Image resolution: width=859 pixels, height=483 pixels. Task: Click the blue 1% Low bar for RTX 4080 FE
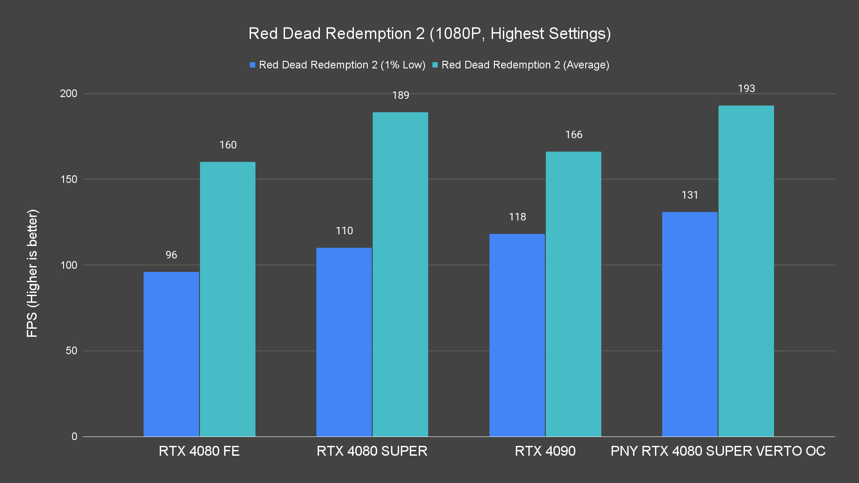tap(171, 354)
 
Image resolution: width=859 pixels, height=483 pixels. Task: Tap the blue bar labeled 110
tap(344, 342)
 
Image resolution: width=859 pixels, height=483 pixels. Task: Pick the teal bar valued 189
tap(400, 274)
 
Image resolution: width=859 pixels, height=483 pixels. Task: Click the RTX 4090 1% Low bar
tap(517, 335)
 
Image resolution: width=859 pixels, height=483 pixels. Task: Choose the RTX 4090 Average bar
tap(574, 294)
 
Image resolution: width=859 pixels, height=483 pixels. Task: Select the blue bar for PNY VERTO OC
tap(690, 324)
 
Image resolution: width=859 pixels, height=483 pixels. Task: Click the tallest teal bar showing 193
tap(746, 271)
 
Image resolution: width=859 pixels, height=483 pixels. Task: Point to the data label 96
tap(171, 255)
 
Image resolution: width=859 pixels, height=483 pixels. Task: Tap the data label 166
tap(574, 135)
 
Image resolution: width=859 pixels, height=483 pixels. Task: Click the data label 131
tap(690, 195)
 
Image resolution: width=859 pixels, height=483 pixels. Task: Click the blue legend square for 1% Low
tap(253, 65)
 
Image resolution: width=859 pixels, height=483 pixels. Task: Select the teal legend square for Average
tap(435, 65)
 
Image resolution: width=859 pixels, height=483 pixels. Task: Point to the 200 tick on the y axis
tap(68, 93)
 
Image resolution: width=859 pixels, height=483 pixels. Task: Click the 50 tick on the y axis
tap(72, 351)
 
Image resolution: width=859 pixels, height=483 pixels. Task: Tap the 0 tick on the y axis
tap(74, 436)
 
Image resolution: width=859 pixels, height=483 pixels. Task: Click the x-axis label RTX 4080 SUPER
tap(372, 451)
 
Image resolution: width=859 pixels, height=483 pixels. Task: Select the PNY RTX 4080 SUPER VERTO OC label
tap(718, 451)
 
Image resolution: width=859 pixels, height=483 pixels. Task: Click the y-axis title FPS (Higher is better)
tap(32, 273)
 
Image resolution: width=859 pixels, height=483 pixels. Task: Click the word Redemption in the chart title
tap(374, 34)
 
